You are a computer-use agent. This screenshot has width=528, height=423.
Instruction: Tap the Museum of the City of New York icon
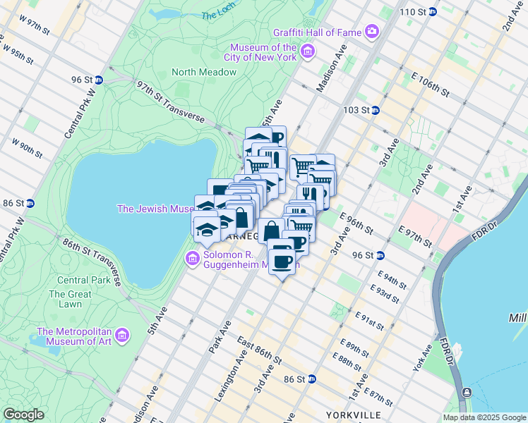point(307,51)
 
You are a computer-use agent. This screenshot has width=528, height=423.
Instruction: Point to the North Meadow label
point(203,72)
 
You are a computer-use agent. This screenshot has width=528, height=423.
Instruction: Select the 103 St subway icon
point(376,110)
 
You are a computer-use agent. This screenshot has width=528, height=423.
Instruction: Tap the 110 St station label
point(415,13)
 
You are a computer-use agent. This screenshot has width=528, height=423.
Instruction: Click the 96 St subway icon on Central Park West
point(100,80)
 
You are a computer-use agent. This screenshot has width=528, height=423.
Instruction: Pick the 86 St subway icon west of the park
point(30,203)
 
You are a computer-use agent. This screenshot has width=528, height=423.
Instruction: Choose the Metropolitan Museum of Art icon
point(124,334)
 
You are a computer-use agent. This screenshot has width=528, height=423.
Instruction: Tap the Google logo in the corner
point(23,415)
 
